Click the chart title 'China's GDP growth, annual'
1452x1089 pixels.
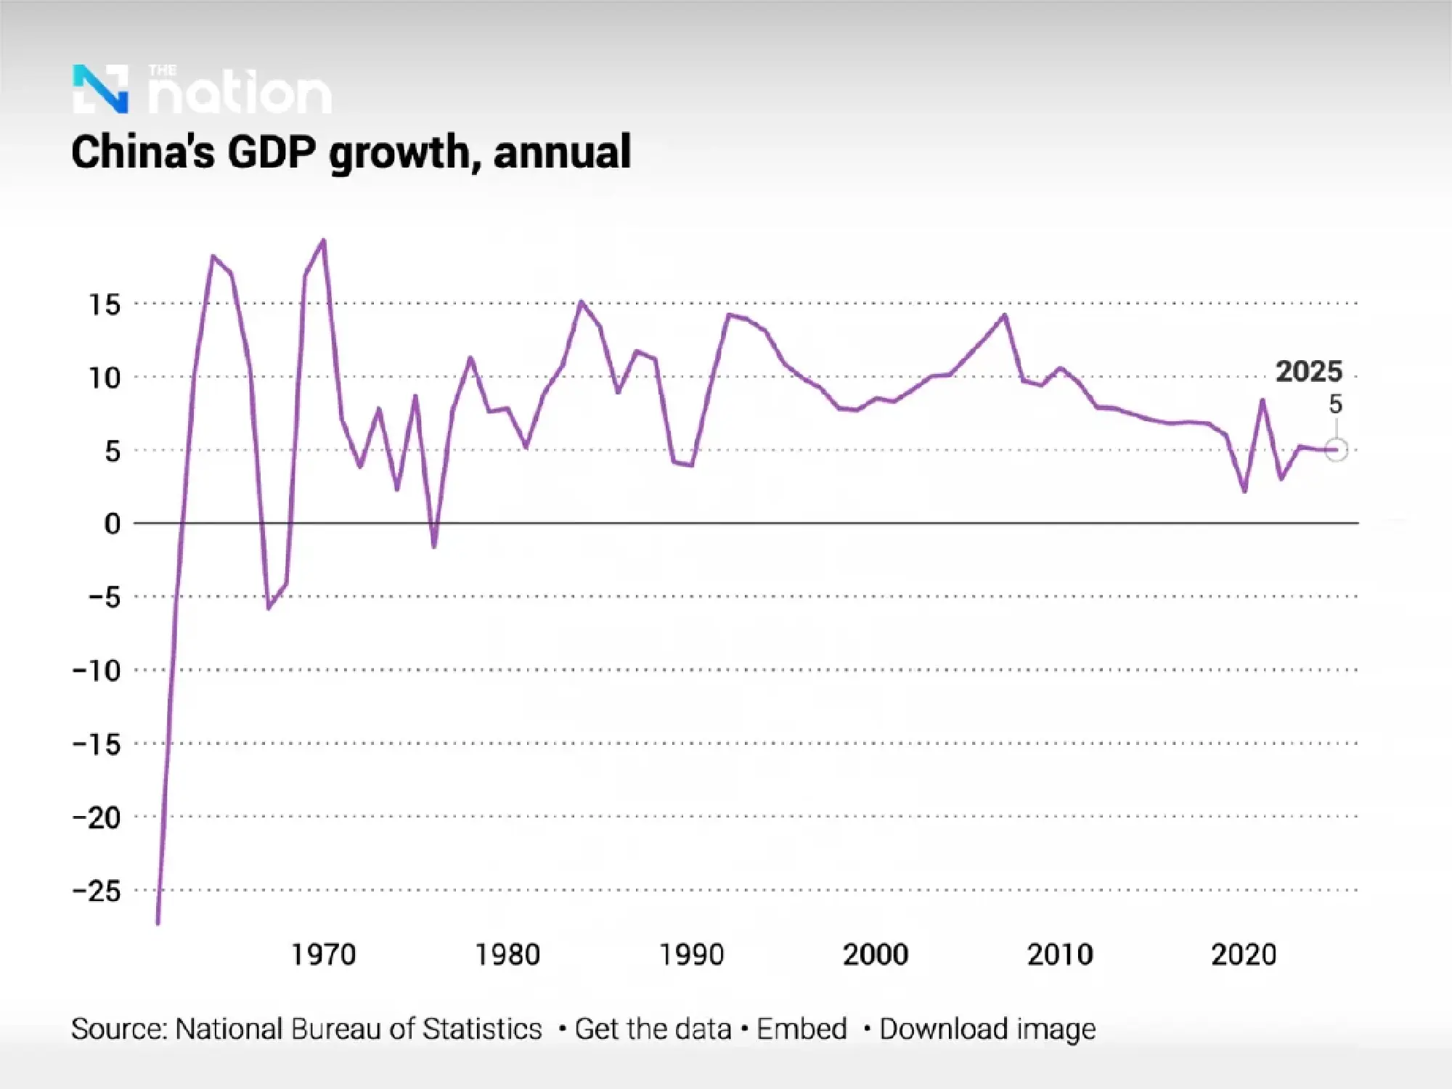click(351, 152)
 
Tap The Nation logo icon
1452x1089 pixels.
click(101, 89)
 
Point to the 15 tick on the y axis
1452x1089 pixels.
click(104, 305)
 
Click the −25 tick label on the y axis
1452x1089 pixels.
click(97, 891)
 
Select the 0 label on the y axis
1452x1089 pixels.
click(112, 523)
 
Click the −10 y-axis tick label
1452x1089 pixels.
click(97, 670)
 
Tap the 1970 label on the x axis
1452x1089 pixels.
click(323, 954)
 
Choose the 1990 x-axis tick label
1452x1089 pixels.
click(691, 954)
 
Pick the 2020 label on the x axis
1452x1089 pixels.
click(1243, 954)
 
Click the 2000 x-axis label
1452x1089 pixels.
click(875, 954)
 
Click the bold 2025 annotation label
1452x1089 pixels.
click(1309, 372)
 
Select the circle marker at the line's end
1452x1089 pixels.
click(1336, 450)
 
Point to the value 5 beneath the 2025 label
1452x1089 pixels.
click(1335, 404)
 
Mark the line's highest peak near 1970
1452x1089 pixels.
click(324, 240)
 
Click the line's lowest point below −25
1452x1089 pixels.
click(158, 923)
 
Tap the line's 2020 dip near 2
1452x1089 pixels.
click(1244, 492)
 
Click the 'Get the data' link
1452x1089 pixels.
click(653, 1029)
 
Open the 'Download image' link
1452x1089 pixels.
click(987, 1029)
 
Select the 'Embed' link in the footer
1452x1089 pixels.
click(802, 1029)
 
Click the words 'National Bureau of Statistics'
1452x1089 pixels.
click(359, 1029)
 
